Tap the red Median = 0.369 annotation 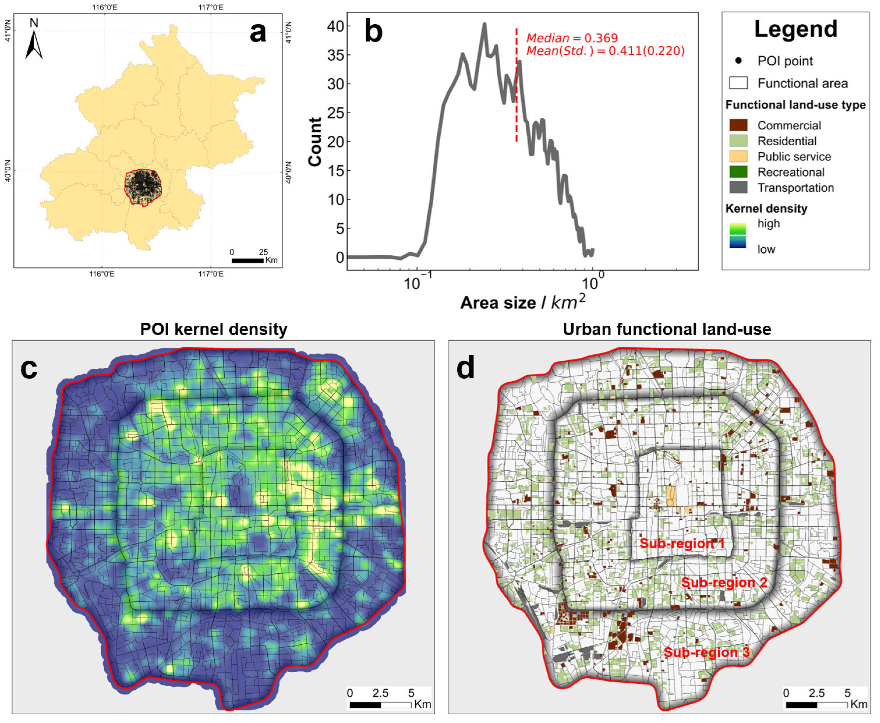[572, 38]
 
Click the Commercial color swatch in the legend [738, 125]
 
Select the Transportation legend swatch [738, 187]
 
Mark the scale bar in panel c [380, 705]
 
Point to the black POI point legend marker [738, 61]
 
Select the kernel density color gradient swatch [738, 235]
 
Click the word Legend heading [795, 29]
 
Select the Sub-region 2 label [724, 582]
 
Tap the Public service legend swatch [738, 156]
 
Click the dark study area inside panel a [143, 187]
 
